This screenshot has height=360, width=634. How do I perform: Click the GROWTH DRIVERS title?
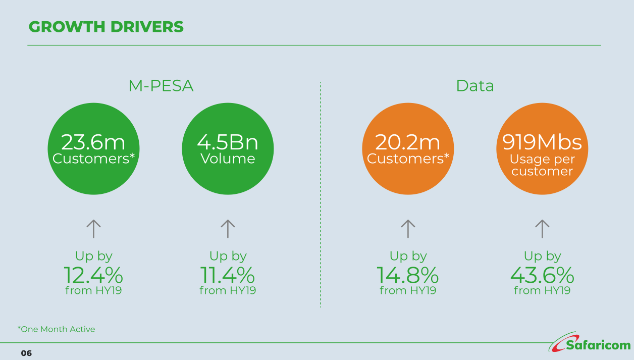pyautogui.click(x=106, y=27)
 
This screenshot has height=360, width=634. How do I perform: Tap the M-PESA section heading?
pyautogui.click(x=161, y=85)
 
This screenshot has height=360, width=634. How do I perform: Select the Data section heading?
pyautogui.click(x=475, y=85)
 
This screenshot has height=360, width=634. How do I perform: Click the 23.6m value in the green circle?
pyautogui.click(x=93, y=142)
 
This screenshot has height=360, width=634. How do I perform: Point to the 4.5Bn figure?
pyautogui.click(x=228, y=142)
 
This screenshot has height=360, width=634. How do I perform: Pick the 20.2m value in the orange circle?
pyautogui.click(x=407, y=142)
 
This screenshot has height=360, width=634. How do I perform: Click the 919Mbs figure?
pyautogui.click(x=542, y=142)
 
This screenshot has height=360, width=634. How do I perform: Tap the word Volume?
pyautogui.click(x=228, y=159)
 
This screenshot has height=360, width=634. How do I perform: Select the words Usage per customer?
pyautogui.click(x=542, y=165)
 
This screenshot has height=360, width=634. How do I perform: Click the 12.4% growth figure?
pyautogui.click(x=93, y=275)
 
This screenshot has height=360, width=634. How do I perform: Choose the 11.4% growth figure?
pyautogui.click(x=228, y=275)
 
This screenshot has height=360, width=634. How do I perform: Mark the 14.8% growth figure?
pyautogui.click(x=407, y=275)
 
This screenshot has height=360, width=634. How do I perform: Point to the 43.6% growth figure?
pyautogui.click(x=542, y=275)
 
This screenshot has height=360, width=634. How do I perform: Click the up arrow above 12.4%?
pyautogui.click(x=93, y=229)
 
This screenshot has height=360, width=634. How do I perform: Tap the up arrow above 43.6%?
pyautogui.click(x=542, y=229)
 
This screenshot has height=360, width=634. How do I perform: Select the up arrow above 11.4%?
pyautogui.click(x=228, y=229)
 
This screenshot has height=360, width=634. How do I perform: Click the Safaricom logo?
pyautogui.click(x=590, y=342)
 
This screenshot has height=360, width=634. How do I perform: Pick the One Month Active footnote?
pyautogui.click(x=57, y=329)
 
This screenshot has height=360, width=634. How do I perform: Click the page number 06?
pyautogui.click(x=26, y=353)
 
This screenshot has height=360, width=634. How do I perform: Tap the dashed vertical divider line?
pyautogui.click(x=321, y=195)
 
